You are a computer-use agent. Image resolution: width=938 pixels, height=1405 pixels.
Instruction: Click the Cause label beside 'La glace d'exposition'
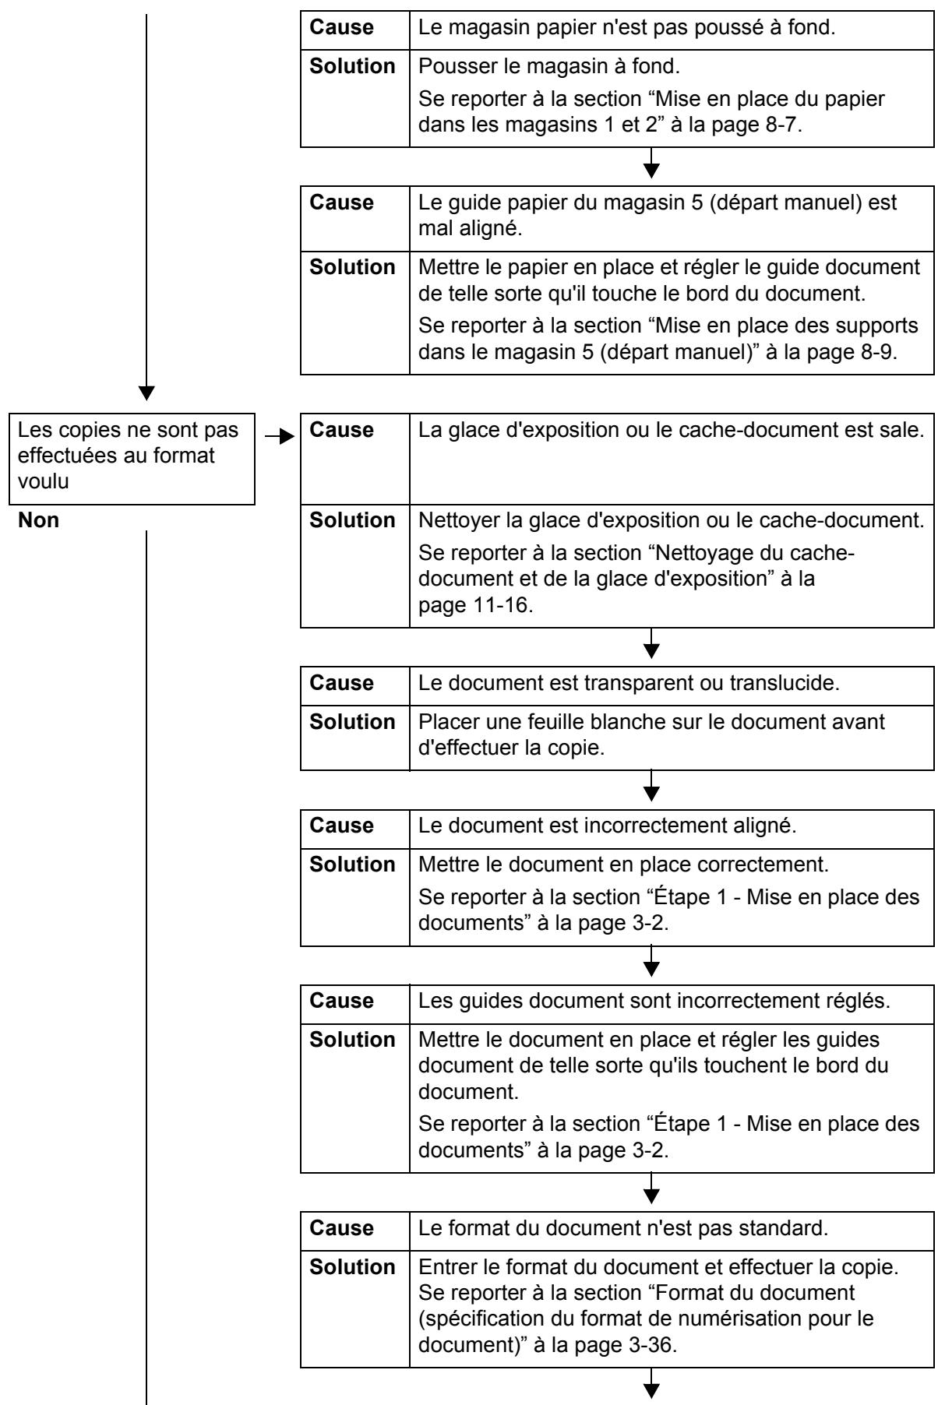tap(341, 430)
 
